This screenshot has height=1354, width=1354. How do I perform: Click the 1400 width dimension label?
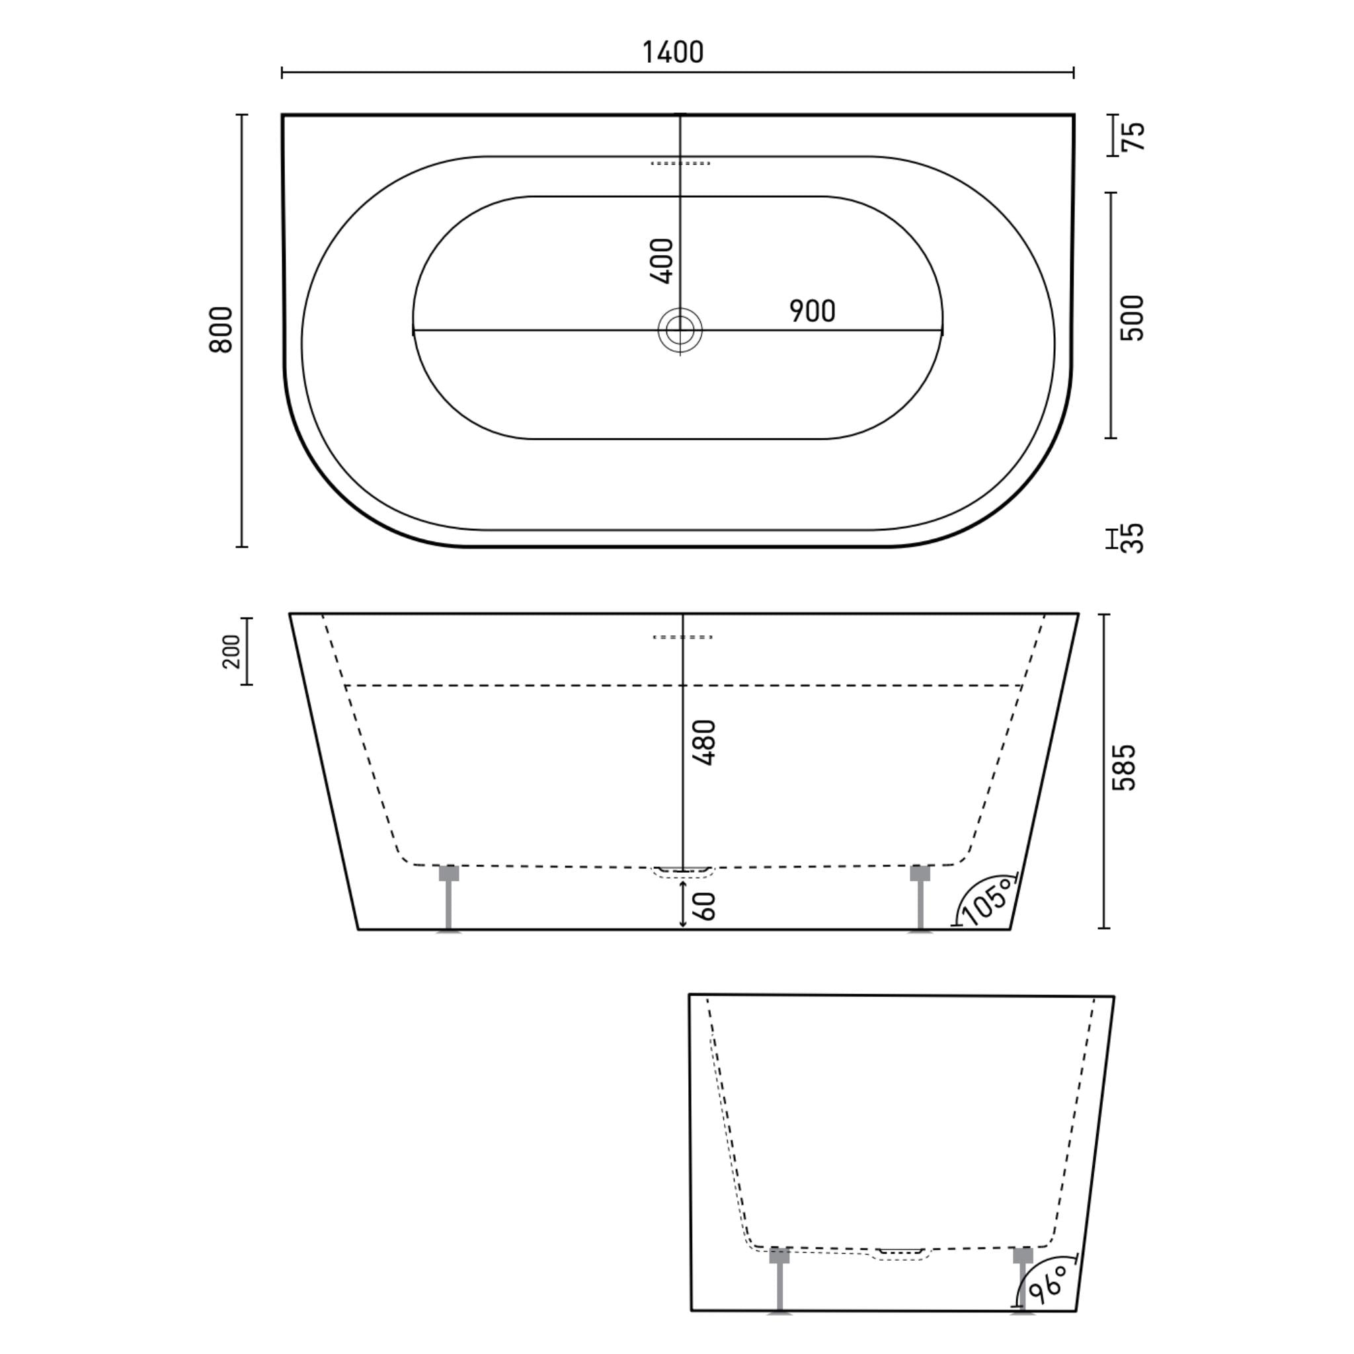(673, 53)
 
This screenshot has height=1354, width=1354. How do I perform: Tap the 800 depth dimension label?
(221, 329)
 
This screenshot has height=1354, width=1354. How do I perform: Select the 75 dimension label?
(1133, 136)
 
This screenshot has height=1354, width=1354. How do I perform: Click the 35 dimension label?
(1133, 538)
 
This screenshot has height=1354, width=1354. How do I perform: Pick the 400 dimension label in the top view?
(662, 261)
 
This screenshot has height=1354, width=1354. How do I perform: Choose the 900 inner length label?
(813, 311)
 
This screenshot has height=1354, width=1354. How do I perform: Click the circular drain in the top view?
(680, 330)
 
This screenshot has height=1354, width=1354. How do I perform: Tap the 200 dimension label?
(231, 652)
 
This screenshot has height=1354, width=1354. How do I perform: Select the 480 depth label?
(704, 743)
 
